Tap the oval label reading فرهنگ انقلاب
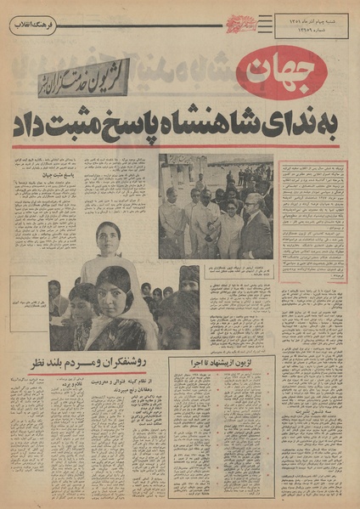[34, 26]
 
